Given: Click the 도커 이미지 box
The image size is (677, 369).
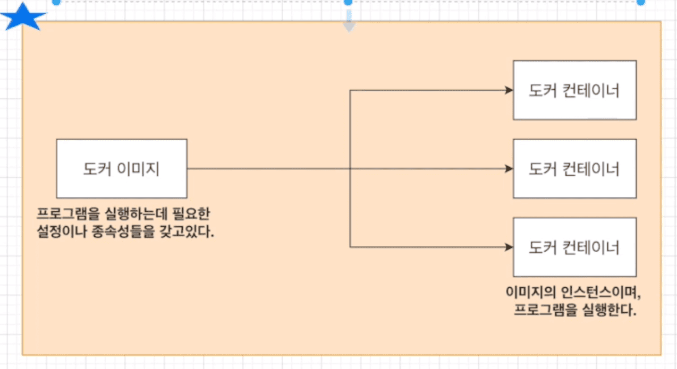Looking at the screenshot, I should [121, 168].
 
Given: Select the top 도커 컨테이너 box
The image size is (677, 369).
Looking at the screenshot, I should [574, 90].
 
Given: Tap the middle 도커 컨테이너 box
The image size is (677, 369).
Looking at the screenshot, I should [574, 168].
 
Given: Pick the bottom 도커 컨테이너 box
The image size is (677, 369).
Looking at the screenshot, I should [574, 246].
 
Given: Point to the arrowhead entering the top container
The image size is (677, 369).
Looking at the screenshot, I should [509, 91].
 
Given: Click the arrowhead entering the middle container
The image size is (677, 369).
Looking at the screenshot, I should [509, 169].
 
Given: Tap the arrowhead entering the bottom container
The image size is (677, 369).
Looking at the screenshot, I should [509, 247].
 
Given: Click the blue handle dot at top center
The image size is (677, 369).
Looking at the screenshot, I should [348, 2].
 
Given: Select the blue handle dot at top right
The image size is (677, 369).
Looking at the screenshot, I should [640, 2].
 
